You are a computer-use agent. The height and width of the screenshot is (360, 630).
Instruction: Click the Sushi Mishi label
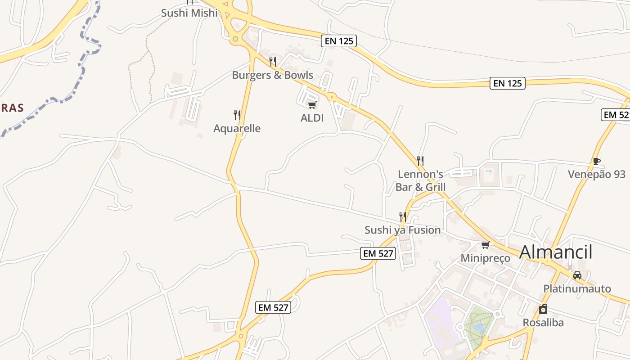pos(189,13)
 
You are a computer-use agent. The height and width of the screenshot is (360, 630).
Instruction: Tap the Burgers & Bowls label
pos(272,75)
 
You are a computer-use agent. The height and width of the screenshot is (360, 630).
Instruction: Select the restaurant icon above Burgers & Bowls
pos(272,61)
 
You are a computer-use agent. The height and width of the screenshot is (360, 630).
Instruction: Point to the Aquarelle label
pos(237,129)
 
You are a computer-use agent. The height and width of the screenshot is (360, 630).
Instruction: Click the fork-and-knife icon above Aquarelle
pos(237,115)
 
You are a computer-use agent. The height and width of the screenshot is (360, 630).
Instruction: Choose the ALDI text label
pos(312,118)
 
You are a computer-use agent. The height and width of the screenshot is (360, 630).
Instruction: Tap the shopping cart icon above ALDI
pos(312,105)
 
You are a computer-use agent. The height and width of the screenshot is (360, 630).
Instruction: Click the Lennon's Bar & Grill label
pos(420,180)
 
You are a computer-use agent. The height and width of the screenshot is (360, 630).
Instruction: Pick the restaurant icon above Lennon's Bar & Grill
pos(420,161)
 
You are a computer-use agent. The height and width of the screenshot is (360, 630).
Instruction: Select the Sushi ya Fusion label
pos(402,230)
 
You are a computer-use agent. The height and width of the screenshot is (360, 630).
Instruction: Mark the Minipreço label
pos(485,258)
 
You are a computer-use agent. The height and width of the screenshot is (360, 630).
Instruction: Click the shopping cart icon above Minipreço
pos(485,245)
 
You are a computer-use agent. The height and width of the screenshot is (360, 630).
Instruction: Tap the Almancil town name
pos(556,252)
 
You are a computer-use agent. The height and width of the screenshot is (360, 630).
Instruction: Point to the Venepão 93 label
pos(597,175)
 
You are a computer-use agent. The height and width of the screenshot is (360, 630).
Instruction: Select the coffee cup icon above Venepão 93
pos(597,161)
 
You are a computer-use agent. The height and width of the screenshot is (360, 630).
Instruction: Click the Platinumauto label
pos(577,289)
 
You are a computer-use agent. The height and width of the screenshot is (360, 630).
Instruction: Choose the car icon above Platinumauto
pos(577,275)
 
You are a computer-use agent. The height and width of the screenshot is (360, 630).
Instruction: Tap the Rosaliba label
pos(543,323)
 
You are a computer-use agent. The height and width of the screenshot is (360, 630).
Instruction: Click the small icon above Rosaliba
pos(543,309)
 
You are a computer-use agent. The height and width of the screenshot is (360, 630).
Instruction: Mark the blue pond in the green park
pos(480,328)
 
